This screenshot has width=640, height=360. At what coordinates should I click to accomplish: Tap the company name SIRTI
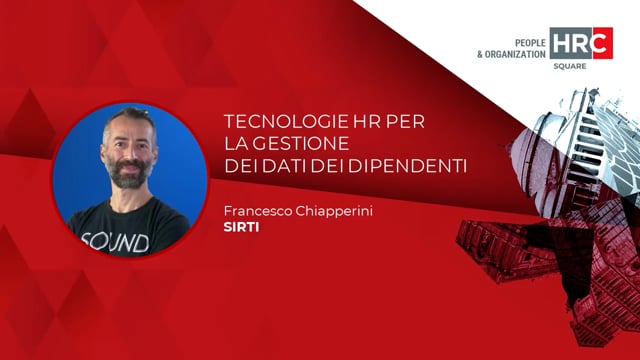(241, 228)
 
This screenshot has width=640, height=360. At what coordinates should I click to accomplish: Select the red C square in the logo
(601, 43)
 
